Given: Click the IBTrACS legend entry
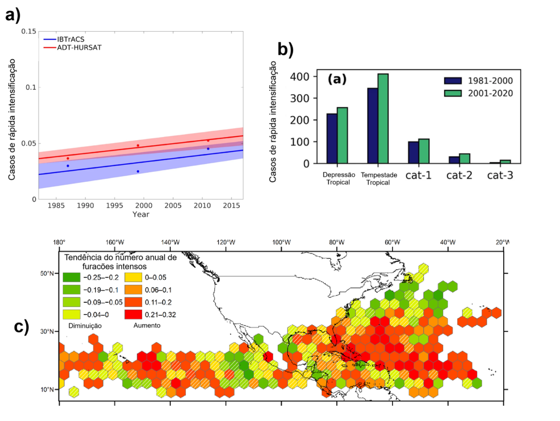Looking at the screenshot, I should (66, 39).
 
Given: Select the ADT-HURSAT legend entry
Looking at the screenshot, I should (71, 48).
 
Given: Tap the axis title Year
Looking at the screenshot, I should (141, 215).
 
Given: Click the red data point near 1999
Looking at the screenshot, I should (138, 146).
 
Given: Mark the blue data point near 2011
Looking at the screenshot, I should (208, 148).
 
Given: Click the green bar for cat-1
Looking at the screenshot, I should (424, 151).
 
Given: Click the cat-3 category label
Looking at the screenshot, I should (499, 175).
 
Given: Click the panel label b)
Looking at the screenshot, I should (285, 49).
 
